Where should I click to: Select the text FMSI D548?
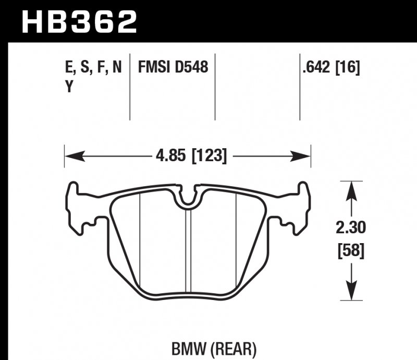[x=173, y=68]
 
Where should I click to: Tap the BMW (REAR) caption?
[x=214, y=346]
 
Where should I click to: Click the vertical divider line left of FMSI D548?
[x=130, y=86]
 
